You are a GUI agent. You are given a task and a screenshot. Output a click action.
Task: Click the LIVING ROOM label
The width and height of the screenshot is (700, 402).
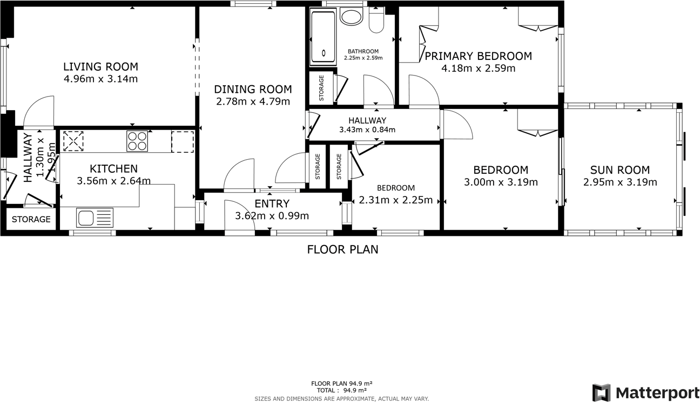tap(100, 67)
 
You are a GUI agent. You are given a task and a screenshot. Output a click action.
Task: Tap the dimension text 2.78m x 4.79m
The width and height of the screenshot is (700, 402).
tap(253, 101)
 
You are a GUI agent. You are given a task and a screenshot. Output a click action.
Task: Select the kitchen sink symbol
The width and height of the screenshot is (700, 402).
tap(95, 218)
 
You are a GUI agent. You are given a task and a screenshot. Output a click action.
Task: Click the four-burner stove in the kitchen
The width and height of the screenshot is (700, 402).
tap(137, 141)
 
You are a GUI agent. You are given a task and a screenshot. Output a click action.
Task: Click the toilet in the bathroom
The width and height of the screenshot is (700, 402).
tap(376, 21)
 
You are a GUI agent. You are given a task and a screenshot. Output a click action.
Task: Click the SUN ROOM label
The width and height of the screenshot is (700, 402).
tap(620, 170)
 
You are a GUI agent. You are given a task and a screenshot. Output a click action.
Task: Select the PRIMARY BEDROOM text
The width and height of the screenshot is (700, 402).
tap(478, 56)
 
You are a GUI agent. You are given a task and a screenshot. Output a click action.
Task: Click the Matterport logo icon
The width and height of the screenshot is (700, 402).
tap(601, 392)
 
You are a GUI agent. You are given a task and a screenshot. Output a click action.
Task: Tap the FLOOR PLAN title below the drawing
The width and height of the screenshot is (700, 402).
tap(342, 249)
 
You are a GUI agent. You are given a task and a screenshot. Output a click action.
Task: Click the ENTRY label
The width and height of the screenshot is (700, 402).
tap(272, 204)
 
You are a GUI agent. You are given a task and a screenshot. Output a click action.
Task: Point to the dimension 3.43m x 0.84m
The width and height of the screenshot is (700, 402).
tap(367, 130)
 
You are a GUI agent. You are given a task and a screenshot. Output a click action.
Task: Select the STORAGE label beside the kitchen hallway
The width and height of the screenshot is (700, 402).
tap(31, 220)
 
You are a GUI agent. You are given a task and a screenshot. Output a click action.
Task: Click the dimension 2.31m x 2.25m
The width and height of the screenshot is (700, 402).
tap(396, 200)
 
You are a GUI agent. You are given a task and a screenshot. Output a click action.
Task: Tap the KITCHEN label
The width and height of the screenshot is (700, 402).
tap(113, 169)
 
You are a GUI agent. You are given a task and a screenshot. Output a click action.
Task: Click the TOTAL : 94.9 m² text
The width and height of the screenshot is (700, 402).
tap(342, 390)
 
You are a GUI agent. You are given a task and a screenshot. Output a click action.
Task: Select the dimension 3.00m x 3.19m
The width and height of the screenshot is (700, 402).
tap(501, 182)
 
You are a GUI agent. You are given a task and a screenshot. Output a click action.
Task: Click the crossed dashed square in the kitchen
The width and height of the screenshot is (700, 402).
tap(73, 141)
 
